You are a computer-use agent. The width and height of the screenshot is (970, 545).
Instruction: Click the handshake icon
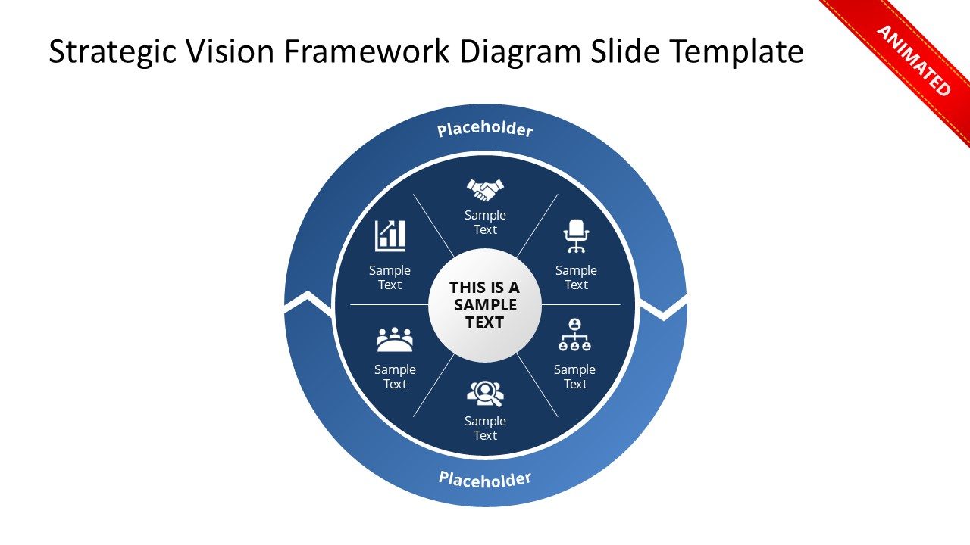click(485, 188)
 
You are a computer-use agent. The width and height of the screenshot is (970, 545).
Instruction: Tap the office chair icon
click(576, 236)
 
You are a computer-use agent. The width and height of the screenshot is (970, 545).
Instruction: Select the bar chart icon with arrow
click(390, 236)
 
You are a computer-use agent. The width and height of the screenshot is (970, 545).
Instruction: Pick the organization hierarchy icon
click(574, 335)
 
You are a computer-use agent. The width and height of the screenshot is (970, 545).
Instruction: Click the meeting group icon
click(395, 340)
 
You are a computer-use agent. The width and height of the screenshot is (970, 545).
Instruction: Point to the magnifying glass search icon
click(485, 393)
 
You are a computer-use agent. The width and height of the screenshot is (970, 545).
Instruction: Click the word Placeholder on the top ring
click(485, 129)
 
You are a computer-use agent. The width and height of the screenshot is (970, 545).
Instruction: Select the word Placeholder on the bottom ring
click(485, 478)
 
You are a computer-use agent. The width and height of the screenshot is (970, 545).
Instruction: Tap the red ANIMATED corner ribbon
click(914, 61)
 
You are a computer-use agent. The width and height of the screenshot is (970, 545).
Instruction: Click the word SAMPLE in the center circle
click(485, 305)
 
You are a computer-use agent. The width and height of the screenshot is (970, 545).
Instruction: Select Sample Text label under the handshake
click(485, 223)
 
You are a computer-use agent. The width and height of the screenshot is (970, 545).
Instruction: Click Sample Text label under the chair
click(576, 278)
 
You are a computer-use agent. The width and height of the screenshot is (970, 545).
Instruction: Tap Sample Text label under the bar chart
click(390, 278)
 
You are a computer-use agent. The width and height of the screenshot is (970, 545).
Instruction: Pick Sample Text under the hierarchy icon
click(574, 377)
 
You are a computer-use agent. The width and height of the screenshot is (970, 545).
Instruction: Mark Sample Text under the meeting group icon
click(395, 377)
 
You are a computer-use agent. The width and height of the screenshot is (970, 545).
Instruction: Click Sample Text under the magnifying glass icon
click(485, 428)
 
